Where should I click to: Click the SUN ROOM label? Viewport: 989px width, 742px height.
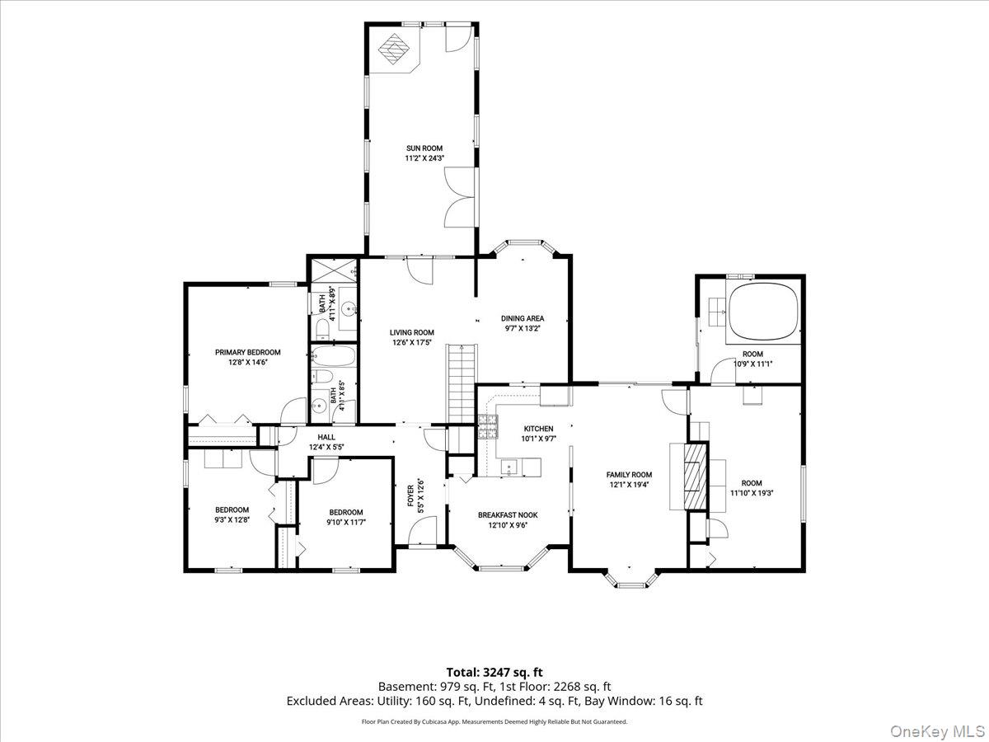(424, 148)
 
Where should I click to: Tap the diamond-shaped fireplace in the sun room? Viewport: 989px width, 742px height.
(393, 49)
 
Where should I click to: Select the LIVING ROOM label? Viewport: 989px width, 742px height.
(412, 332)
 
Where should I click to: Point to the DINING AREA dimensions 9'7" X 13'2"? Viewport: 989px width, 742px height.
(523, 328)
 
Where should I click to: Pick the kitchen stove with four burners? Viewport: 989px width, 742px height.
(488, 426)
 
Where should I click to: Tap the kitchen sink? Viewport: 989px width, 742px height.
(509, 467)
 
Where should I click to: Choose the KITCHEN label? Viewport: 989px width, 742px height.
(538, 429)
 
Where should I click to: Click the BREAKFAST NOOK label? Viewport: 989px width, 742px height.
(508, 515)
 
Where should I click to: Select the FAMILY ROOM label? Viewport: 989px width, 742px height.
(629, 474)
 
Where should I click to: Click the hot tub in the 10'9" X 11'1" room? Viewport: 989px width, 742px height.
(763, 312)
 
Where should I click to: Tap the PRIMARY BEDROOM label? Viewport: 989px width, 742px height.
(248, 352)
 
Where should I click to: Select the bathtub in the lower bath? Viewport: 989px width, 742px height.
(334, 356)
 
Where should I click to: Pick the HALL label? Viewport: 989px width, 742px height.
(326, 437)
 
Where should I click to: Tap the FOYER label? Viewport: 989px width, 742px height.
(410, 495)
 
